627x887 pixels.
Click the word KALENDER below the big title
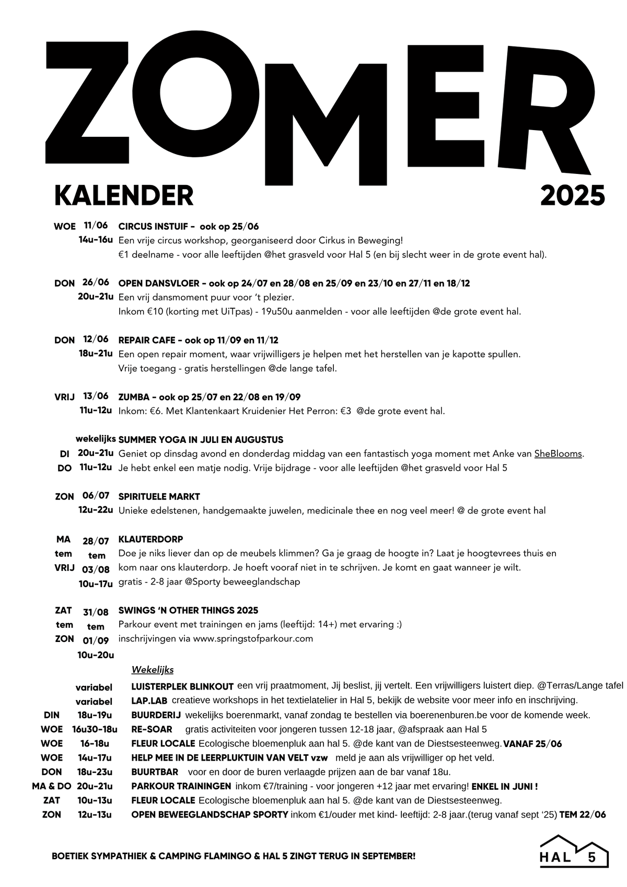(x=124, y=195)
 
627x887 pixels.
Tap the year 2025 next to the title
(x=572, y=195)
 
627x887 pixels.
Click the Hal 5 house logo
(x=574, y=852)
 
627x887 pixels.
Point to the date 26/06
(x=96, y=283)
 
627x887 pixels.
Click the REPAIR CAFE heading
(x=147, y=340)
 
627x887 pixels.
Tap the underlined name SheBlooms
(x=558, y=454)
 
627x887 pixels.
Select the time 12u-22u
(x=96, y=510)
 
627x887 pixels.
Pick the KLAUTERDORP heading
(x=151, y=539)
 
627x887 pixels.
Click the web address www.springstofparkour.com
(x=253, y=638)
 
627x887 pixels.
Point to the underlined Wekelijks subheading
(x=153, y=670)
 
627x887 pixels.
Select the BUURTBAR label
(x=155, y=772)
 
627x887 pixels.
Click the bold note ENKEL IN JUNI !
(x=505, y=786)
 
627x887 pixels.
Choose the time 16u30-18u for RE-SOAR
(x=95, y=729)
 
